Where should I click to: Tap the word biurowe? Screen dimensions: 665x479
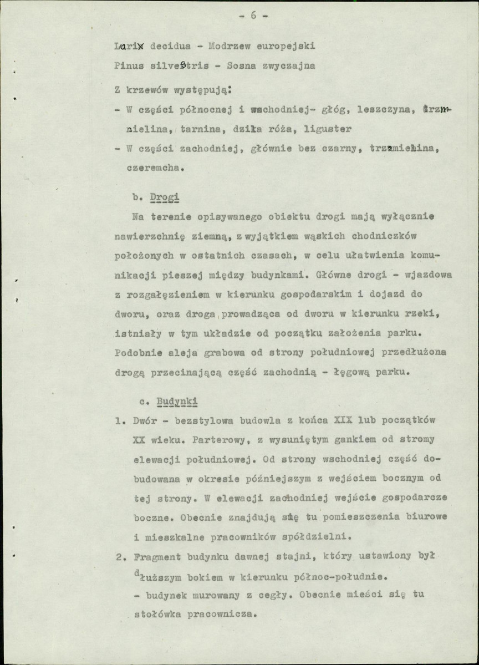tap(415, 517)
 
